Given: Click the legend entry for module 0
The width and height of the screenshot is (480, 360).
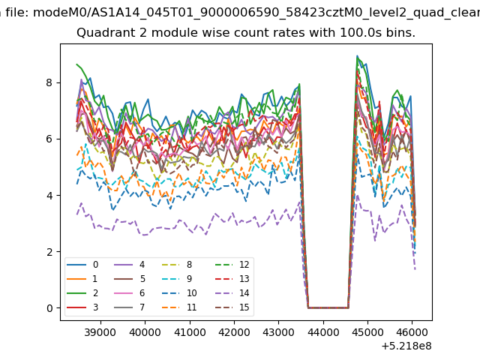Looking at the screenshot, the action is pos(82,265).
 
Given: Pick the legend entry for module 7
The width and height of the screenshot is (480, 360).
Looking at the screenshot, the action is pos(129,307).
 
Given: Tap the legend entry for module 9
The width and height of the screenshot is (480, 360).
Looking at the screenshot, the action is pos(176,278).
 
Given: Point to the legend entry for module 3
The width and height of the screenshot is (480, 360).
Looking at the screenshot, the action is pos(82,307).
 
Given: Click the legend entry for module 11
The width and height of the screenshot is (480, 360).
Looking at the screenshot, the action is pos(178,307).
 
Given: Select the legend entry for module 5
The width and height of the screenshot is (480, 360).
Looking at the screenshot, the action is pos(129,278).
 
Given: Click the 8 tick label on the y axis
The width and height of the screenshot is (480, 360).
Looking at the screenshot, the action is pos(49,82).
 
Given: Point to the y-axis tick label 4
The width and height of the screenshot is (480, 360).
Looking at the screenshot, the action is pos(49,195).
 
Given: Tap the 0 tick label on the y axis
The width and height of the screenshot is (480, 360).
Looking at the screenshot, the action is pos(49,308).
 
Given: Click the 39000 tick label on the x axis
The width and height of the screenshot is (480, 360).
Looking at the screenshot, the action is pos(100,332).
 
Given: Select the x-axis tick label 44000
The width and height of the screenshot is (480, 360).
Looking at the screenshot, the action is pos(323,332).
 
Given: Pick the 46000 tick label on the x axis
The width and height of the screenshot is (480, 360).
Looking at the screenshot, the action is pos(412,332).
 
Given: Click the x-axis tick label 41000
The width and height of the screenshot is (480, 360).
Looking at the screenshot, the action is pos(190,332).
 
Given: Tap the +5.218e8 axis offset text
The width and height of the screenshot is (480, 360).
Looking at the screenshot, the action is pos(406,346).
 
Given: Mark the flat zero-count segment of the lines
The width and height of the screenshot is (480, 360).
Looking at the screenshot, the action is pos(328,307).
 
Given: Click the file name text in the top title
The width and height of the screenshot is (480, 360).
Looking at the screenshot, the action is pos(256,13).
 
